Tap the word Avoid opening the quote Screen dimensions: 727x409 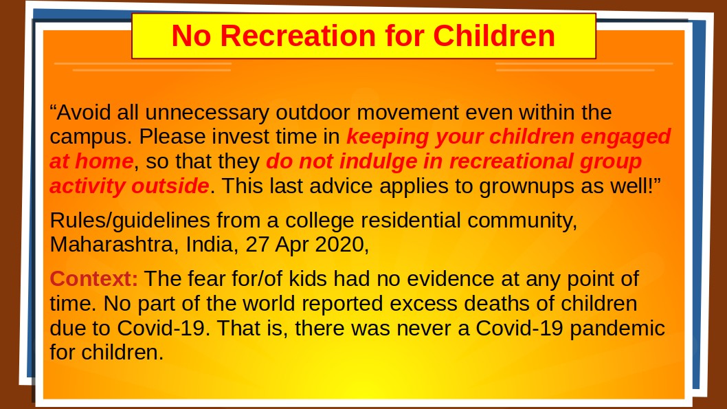(84, 112)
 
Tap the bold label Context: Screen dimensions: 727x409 (94, 278)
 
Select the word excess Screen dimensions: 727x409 (423, 304)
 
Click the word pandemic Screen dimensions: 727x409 (617, 329)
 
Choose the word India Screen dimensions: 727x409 (212, 245)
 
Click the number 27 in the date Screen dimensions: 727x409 (257, 245)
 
